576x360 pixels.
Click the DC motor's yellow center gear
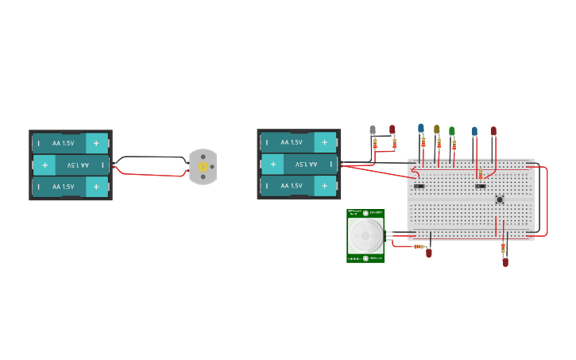pyautogui.click(x=203, y=167)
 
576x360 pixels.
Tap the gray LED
pyautogui.click(x=373, y=130)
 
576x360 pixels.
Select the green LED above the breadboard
pyautogui.click(x=452, y=131)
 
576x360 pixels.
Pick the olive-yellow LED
pyautogui.click(x=436, y=129)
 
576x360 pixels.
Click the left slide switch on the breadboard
pyautogui.click(x=419, y=186)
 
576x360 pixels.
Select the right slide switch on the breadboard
pyautogui.click(x=480, y=186)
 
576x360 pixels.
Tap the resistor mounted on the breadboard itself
pyautogui.click(x=479, y=174)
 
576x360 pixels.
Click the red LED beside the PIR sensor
pyautogui.click(x=429, y=254)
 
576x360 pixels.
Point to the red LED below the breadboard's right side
pyautogui.click(x=505, y=261)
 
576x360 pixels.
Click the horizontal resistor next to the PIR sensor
pyautogui.click(x=418, y=246)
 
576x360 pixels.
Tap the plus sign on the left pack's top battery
pyautogui.click(x=96, y=143)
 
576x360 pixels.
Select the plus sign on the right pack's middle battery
pyautogui.click(x=273, y=165)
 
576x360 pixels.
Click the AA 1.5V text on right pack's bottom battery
pyautogui.click(x=291, y=187)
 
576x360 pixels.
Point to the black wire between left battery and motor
pyautogui.click(x=151, y=157)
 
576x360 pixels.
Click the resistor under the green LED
pyautogui.click(x=454, y=146)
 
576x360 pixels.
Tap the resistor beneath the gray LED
pyautogui.click(x=375, y=144)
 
